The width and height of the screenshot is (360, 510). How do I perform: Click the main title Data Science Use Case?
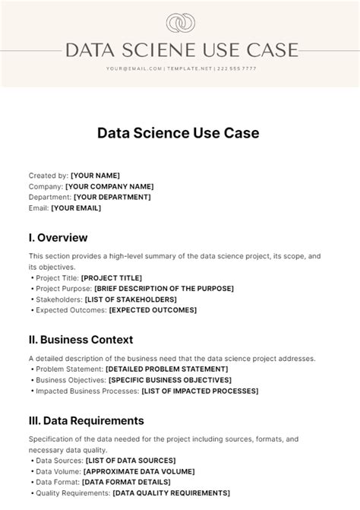coord(178,133)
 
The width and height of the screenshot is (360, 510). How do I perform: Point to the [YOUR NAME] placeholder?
coord(95,176)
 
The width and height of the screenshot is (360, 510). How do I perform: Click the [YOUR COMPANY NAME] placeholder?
coord(109,186)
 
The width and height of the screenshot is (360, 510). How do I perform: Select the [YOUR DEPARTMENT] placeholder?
coord(112,197)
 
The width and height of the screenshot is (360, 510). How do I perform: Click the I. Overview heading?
coord(58,238)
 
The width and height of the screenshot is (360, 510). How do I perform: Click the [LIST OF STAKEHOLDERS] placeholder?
coord(130,299)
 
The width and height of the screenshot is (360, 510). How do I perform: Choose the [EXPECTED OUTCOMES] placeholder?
coord(153,309)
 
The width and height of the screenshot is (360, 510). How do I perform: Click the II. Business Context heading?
coord(81,340)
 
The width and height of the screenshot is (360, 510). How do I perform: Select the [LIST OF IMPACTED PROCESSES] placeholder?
coord(200,391)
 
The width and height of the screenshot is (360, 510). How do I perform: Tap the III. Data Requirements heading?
coord(87,420)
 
